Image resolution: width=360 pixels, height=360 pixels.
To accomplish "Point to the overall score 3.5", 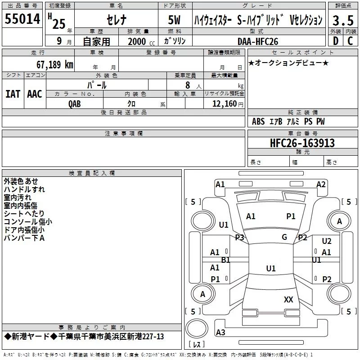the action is pyautogui.click(x=342, y=21).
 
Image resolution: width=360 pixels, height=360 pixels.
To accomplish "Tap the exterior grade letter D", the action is pyautogui.click(x=335, y=41).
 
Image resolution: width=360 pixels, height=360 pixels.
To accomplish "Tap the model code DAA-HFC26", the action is pyautogui.click(x=258, y=41).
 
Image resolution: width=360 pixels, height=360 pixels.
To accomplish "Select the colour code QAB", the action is pyautogui.click(x=75, y=103).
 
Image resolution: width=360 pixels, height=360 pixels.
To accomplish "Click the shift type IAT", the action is pyautogui.click(x=13, y=94).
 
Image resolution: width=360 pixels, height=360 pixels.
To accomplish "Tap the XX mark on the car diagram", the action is pyautogui.click(x=288, y=299).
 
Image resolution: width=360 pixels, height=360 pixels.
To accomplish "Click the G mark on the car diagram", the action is pyautogui.click(x=284, y=237).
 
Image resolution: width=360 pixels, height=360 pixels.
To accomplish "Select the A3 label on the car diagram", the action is pyautogui.click(x=220, y=333).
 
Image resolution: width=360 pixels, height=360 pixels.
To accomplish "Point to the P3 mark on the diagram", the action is pyautogui.click(x=239, y=237).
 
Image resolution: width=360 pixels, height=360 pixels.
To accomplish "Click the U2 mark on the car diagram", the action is pyautogui.click(x=327, y=241).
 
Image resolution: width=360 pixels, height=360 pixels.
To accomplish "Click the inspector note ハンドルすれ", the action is pyautogui.click(x=24, y=189).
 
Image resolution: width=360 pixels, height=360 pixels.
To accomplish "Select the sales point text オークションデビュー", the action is pyautogui.click(x=288, y=63).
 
